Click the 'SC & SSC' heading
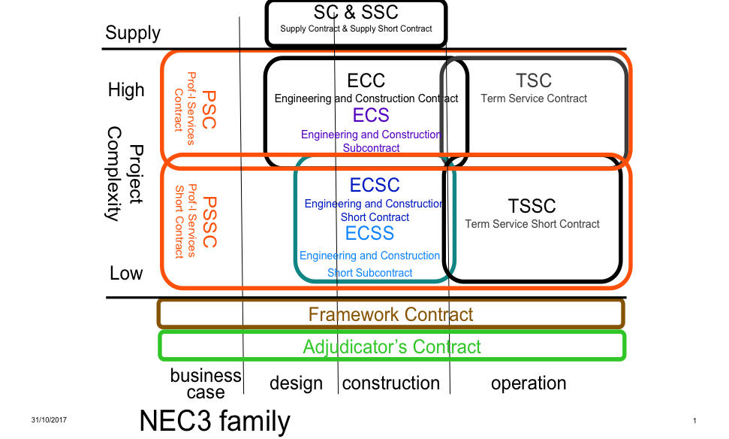coord(356,12)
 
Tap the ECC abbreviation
coord(366,80)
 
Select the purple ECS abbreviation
coord(371,115)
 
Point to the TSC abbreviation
coord(534,80)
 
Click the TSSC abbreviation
coord(532,205)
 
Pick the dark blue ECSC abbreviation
coord(375,185)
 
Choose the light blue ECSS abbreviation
coord(369,234)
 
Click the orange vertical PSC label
coord(209,109)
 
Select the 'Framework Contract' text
coord(390,314)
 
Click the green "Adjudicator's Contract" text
coord(391,347)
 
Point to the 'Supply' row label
coord(133,33)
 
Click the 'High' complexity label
coord(126,90)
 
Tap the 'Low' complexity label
coord(126,273)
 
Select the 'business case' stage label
coord(206,383)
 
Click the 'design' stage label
coord(296,383)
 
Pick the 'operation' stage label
coord(529,383)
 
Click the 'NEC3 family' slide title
coord(215,421)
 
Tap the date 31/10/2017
coord(50,420)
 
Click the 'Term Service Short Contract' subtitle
coord(532,223)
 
